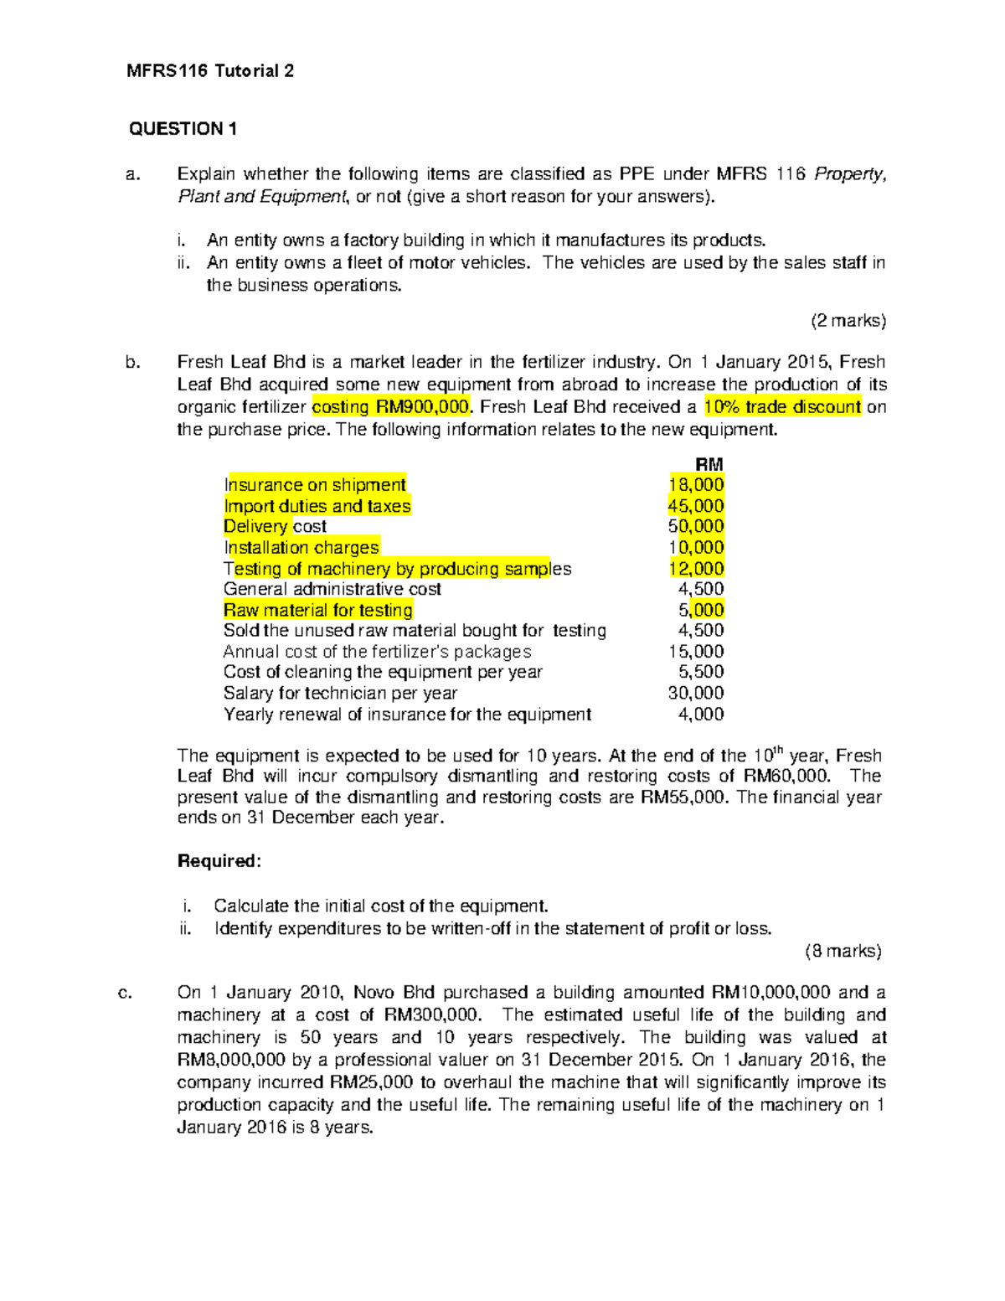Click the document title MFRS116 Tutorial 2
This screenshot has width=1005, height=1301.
click(x=209, y=71)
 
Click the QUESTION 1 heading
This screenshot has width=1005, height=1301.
click(x=183, y=129)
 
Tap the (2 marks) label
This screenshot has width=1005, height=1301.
click(x=848, y=321)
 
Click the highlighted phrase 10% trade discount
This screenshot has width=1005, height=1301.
click(x=782, y=407)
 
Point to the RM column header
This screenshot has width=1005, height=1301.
click(x=709, y=465)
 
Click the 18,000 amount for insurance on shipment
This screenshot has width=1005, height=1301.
click(x=696, y=485)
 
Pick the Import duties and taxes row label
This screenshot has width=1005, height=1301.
click(x=317, y=506)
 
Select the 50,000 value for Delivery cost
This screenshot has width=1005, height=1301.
click(x=696, y=527)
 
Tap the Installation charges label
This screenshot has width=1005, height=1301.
click(x=301, y=548)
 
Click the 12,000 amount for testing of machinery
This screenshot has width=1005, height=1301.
click(x=696, y=569)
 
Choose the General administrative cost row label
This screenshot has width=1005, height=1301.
click(x=332, y=589)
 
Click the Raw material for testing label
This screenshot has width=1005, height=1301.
click(x=318, y=610)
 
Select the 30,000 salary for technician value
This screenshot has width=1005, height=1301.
click(x=696, y=693)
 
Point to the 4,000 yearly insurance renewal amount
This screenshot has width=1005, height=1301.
click(x=701, y=715)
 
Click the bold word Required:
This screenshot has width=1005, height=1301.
click(x=219, y=861)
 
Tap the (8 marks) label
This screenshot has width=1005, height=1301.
click(x=843, y=951)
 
